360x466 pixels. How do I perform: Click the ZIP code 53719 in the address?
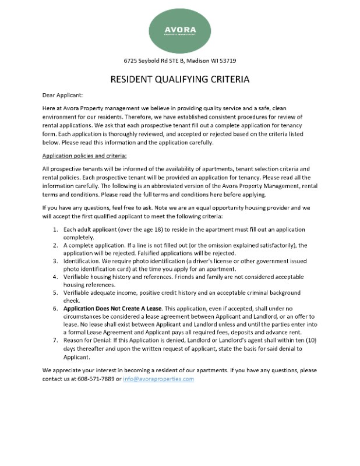coord(228,61)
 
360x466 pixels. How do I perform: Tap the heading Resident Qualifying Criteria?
coord(180,79)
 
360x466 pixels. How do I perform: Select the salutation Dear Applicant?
coord(63,94)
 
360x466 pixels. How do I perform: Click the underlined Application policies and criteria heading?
coord(84,156)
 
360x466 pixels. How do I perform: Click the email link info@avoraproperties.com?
coord(158,379)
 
